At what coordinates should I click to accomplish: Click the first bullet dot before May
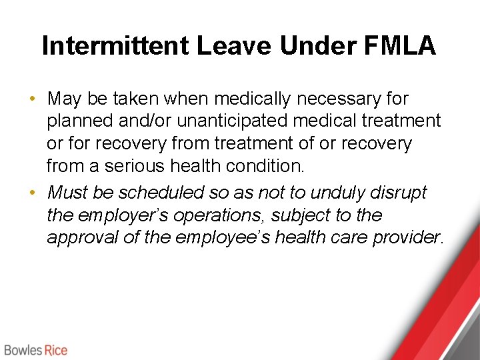[x=32, y=99]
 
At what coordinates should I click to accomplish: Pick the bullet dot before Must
[x=32, y=193]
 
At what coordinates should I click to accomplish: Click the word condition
[x=274, y=165]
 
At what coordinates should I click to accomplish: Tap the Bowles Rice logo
[x=35, y=350]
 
